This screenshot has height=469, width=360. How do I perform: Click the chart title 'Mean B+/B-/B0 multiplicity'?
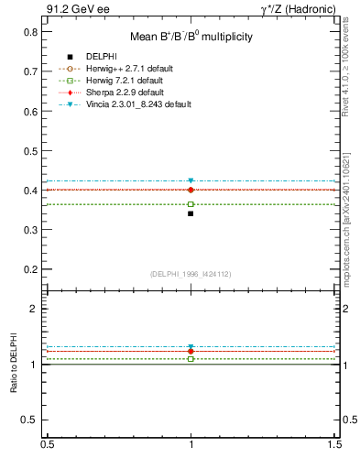(x=191, y=37)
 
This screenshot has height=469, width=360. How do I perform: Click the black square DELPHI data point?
(x=191, y=213)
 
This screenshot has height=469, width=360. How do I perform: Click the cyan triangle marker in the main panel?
(x=191, y=181)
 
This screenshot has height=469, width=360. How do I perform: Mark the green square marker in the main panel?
(x=191, y=204)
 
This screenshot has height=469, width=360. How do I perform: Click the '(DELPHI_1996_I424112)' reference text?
(x=191, y=274)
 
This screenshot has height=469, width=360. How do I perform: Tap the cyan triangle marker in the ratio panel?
(x=191, y=347)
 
